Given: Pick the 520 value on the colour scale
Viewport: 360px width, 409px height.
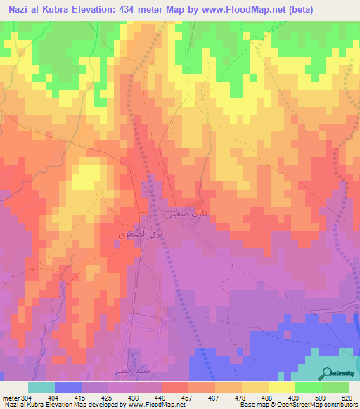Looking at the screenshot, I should click(347, 397).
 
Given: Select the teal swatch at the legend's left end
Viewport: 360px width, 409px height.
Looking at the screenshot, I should click(41, 387).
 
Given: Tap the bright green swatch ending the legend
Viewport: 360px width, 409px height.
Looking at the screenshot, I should click(335, 387).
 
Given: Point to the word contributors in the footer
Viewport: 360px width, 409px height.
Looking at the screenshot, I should click(340, 405).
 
